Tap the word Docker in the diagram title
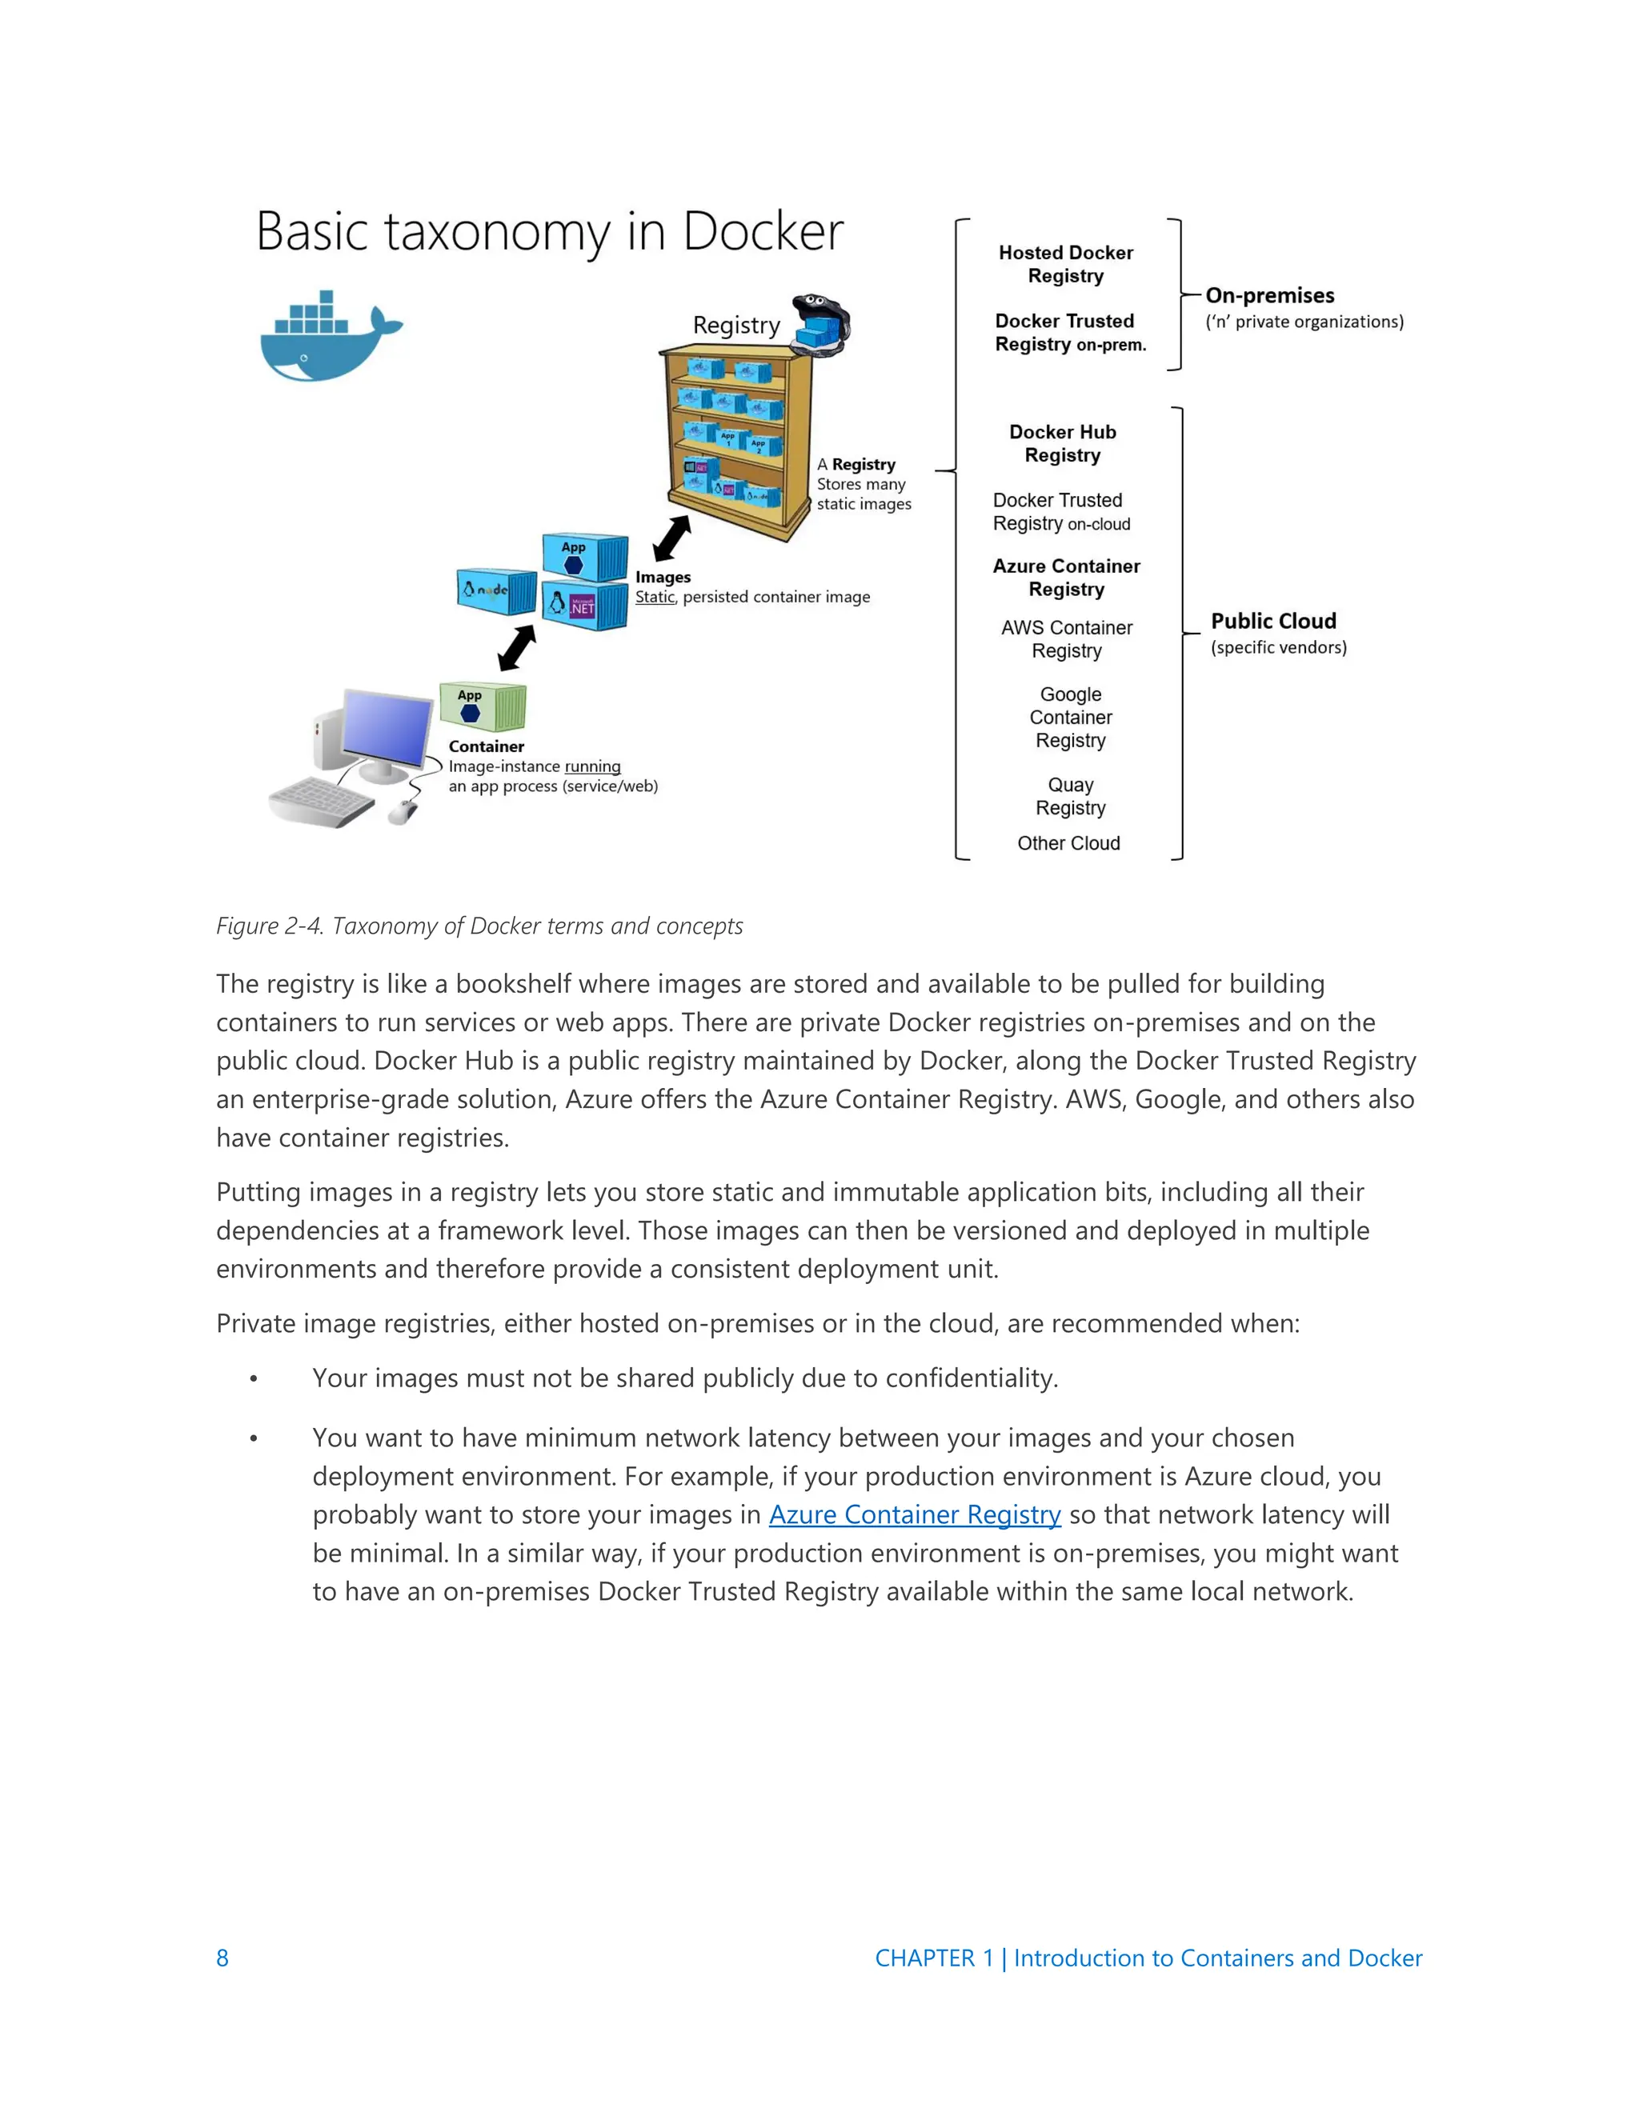point(762,232)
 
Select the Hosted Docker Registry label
point(1065,264)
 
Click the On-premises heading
point(1269,296)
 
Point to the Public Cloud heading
point(1273,622)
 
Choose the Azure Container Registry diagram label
point(1066,578)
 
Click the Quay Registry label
point(1070,796)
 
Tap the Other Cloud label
point(1068,843)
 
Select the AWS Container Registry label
point(1066,638)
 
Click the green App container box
point(482,706)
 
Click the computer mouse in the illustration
point(402,811)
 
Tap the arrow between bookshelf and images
point(672,538)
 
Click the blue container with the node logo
point(495,590)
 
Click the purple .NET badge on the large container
point(583,606)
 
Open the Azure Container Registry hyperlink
point(914,1515)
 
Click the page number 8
point(222,1958)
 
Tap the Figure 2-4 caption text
point(479,926)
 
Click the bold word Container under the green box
point(486,746)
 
